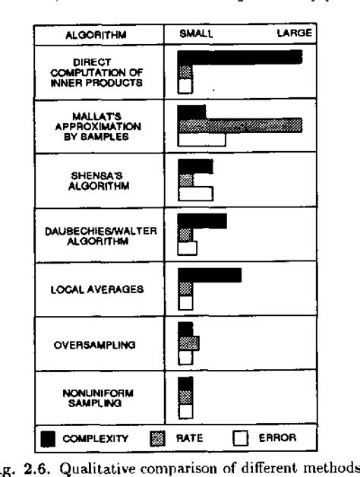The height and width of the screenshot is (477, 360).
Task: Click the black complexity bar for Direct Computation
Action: [240, 57]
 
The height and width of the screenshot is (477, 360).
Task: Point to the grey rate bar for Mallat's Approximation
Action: [240, 125]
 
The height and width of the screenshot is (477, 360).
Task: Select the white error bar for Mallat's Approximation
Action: [201, 140]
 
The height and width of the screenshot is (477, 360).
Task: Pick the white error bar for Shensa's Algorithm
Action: [194, 194]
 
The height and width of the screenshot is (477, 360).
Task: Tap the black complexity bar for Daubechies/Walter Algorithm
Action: [202, 221]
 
